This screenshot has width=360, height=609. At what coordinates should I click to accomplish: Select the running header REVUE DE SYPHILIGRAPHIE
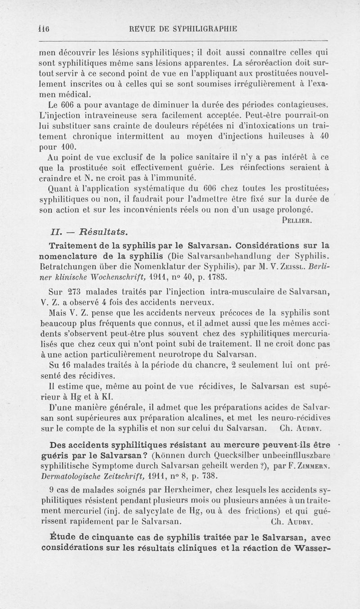(183, 29)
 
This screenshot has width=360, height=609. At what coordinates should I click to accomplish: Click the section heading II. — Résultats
(88, 232)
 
